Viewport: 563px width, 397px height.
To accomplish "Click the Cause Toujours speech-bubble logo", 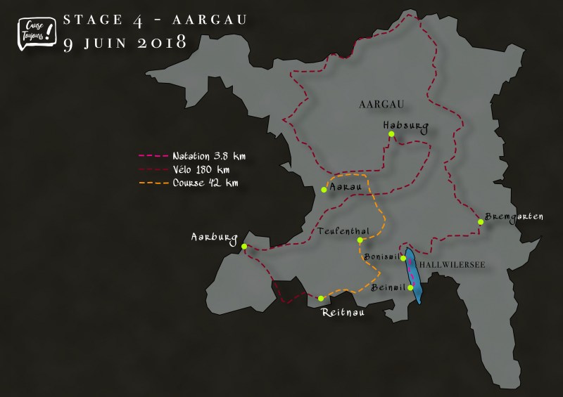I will pyautogui.click(x=35, y=32).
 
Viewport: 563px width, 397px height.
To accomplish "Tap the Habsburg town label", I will pyautogui.click(x=405, y=126).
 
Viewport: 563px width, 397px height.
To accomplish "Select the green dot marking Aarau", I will pyautogui.click(x=323, y=189).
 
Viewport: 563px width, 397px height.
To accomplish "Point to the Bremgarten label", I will pyautogui.click(x=514, y=217).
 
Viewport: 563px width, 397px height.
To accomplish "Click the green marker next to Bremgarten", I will pyautogui.click(x=481, y=222).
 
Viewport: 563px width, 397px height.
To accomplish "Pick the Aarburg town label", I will pyautogui.click(x=215, y=237).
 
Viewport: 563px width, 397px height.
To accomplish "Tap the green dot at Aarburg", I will pyautogui.click(x=243, y=246).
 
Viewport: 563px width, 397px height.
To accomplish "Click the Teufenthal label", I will pyautogui.click(x=340, y=230).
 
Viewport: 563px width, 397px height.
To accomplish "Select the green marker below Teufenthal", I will pyautogui.click(x=360, y=240).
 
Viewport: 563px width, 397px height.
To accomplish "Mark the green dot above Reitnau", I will pyautogui.click(x=321, y=298).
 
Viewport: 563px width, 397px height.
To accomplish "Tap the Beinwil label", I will pyautogui.click(x=387, y=287).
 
